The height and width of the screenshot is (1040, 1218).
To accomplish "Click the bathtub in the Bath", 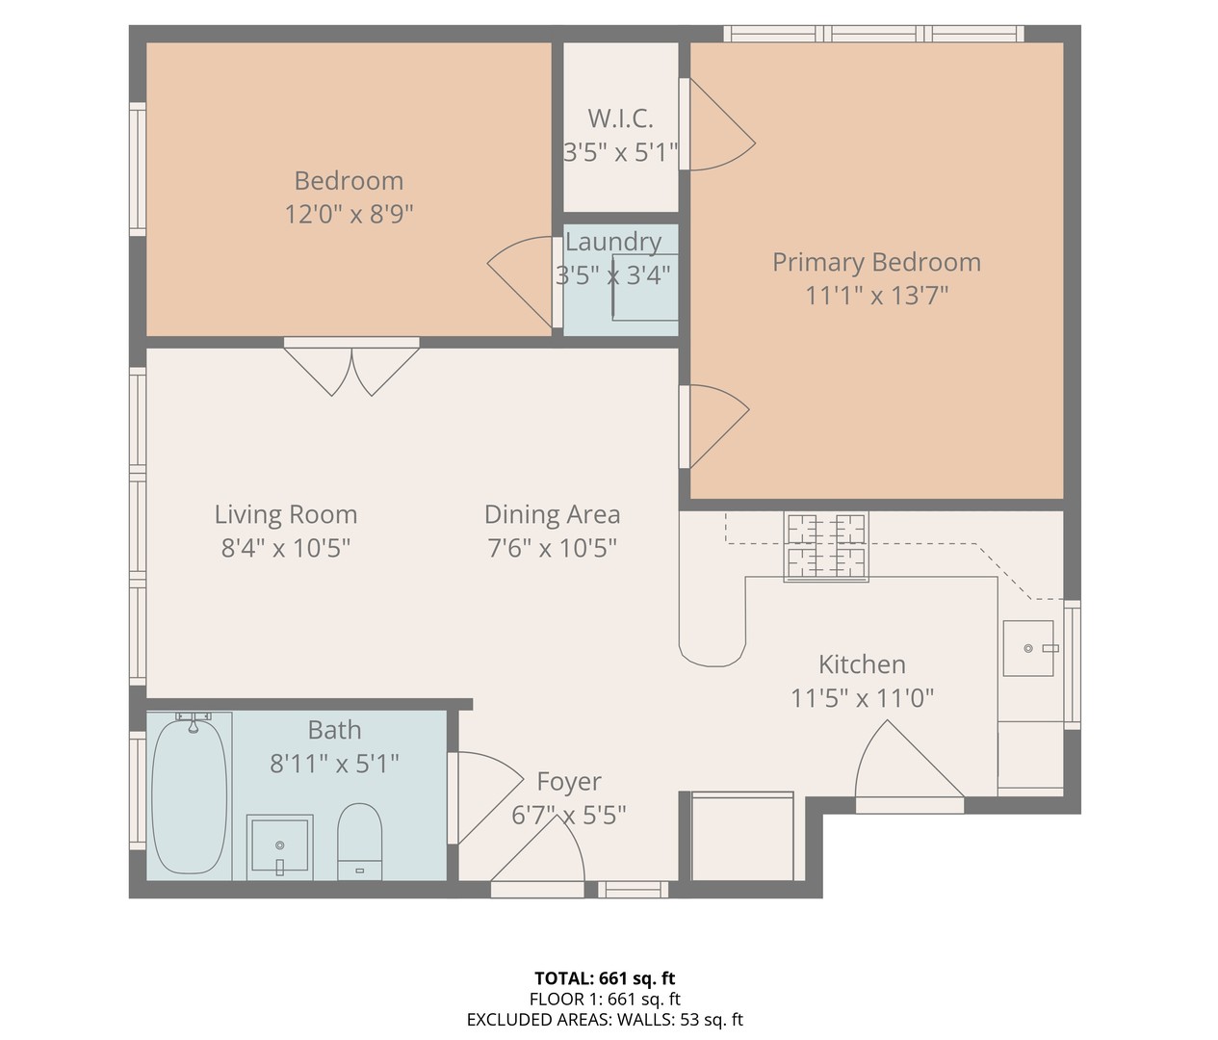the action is click(189, 796).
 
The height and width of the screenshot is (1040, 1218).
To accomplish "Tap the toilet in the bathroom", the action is click(359, 842).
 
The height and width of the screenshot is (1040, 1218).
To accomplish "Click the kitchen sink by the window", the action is click(1028, 648).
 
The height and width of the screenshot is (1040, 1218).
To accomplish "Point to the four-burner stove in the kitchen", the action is click(826, 547).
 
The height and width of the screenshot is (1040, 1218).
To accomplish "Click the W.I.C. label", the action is click(620, 118).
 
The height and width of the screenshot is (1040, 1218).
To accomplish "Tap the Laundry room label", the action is click(613, 242).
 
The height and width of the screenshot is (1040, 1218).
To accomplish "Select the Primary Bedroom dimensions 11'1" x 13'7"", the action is click(877, 296).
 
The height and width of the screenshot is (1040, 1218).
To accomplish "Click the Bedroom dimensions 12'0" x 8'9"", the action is click(349, 214).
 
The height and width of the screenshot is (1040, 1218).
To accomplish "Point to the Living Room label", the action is click(286, 514).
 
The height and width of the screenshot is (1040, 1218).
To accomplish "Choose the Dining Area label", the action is click(552, 514).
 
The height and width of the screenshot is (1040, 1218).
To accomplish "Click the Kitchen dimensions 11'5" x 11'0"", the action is click(862, 699).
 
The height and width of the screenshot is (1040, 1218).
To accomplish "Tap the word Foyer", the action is click(569, 782).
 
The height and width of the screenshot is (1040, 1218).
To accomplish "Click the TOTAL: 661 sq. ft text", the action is click(605, 978).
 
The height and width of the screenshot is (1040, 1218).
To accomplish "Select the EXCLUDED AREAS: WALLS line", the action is click(605, 1020).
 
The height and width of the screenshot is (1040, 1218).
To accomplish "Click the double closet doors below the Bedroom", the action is click(351, 367).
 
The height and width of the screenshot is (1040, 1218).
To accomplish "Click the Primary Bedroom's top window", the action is click(874, 34).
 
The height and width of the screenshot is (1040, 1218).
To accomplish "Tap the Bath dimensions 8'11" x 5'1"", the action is click(335, 765).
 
